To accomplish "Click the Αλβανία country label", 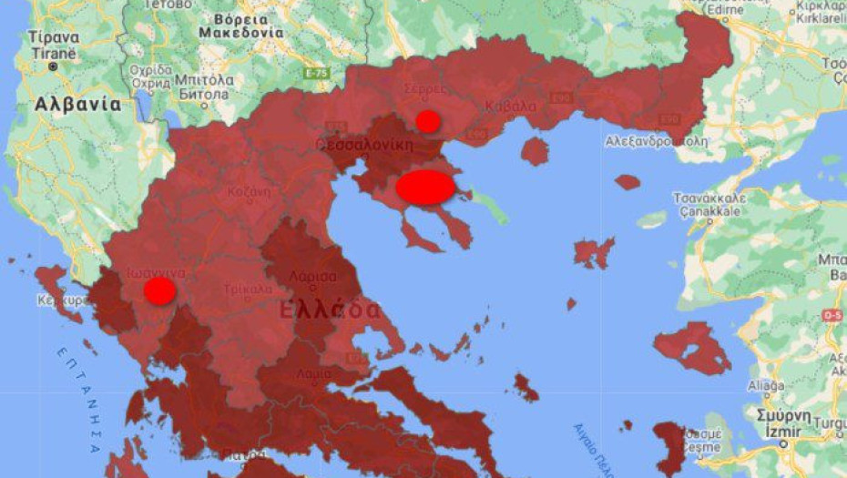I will (x=77, y=104).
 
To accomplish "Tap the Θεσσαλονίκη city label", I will (x=365, y=144).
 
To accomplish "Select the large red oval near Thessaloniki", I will (x=425, y=187).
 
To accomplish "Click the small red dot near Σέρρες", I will (x=427, y=121).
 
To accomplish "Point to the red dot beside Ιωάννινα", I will (x=160, y=291).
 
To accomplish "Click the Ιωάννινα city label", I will (x=157, y=272).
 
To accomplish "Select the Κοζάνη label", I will (x=249, y=192).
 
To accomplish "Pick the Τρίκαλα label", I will (x=248, y=290).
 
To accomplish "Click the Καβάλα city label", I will (x=511, y=104).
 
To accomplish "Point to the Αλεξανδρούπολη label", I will (x=656, y=142).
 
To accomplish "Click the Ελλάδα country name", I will (x=329, y=310).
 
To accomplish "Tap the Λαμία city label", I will (x=308, y=372).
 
